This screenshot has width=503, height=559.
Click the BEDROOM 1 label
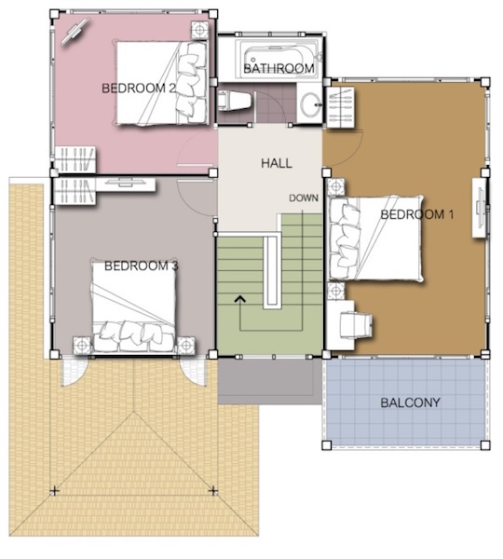[416, 214]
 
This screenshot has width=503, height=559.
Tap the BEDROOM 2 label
[139, 89]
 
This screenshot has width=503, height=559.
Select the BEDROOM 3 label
[141, 266]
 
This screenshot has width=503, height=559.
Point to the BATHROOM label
[279, 68]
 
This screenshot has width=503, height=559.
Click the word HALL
[277, 163]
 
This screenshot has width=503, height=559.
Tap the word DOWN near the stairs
[304, 198]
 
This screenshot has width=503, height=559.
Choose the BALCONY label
[410, 402]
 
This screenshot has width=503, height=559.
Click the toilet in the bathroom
[235, 101]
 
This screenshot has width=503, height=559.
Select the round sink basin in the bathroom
[310, 104]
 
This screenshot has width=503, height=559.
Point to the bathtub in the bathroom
[279, 58]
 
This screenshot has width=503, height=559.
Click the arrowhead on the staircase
[240, 299]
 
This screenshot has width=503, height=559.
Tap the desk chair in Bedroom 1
[356, 324]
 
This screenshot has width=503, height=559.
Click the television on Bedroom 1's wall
[480, 208]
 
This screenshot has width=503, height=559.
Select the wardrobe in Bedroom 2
[75, 158]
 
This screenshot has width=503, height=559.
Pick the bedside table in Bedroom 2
[199, 30]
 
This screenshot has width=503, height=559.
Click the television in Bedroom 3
[125, 184]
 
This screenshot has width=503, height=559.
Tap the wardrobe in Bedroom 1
[341, 107]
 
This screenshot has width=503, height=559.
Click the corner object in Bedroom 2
[75, 32]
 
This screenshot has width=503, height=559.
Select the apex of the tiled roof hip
[134, 412]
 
